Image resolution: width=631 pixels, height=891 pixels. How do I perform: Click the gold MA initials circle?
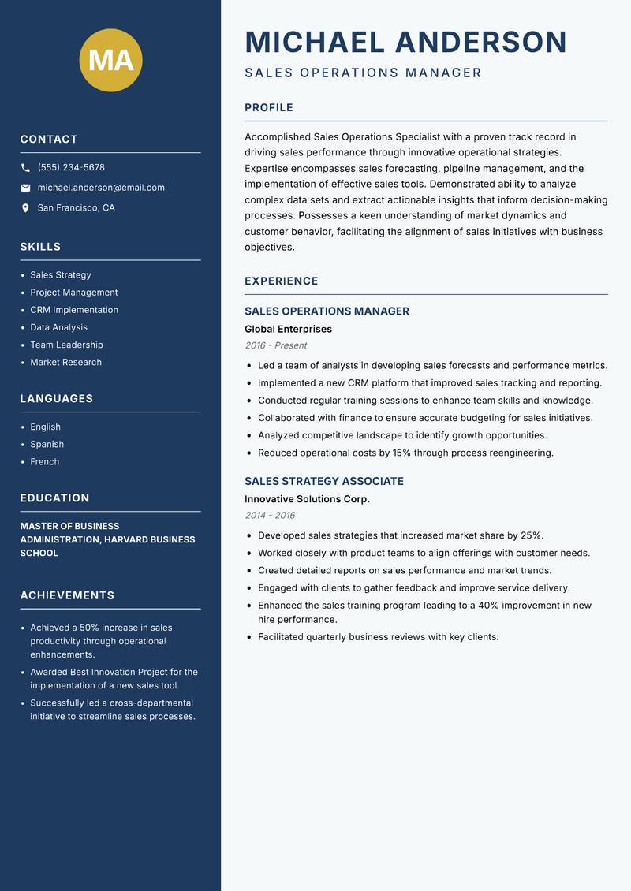(111, 60)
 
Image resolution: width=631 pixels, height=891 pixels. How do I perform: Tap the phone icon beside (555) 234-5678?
(25, 168)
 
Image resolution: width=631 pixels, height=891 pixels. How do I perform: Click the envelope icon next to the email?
(25, 188)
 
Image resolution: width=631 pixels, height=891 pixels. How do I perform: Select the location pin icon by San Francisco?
(25, 208)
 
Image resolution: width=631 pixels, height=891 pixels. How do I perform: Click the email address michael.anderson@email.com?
(101, 188)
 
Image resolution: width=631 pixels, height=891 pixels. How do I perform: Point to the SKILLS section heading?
(40, 247)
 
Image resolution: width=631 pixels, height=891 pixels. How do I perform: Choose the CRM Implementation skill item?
(74, 310)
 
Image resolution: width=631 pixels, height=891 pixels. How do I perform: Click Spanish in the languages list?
(48, 445)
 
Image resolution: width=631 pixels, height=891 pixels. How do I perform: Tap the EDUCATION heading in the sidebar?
(54, 498)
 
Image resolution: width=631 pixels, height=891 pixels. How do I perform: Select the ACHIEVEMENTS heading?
(67, 595)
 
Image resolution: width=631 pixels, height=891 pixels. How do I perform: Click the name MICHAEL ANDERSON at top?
(405, 42)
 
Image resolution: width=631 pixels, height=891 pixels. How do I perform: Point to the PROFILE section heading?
(268, 108)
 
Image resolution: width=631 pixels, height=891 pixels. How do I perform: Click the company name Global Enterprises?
(288, 329)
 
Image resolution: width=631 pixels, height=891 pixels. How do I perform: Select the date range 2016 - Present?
(275, 345)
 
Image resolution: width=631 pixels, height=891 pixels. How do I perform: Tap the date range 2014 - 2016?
(270, 516)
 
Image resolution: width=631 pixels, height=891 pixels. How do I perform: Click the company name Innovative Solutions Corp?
(307, 499)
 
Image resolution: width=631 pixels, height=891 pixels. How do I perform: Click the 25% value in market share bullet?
(532, 535)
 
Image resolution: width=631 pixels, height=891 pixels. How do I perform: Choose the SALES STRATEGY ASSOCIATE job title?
(323, 481)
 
